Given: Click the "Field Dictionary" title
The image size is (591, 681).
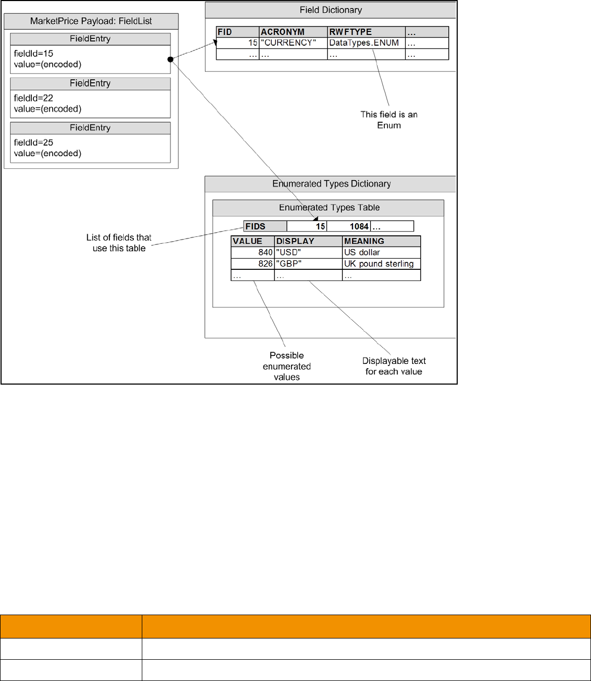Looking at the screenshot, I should (x=330, y=10).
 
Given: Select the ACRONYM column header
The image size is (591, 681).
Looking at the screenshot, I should (x=282, y=32).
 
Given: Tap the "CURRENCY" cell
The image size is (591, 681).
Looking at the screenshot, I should (x=288, y=42).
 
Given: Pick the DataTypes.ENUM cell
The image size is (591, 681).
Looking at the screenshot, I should (x=364, y=42).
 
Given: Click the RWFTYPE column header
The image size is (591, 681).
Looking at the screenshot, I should (x=350, y=32).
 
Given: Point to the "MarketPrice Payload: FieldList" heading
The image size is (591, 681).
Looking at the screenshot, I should (x=90, y=22).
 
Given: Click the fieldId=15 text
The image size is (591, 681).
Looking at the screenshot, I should (x=33, y=53).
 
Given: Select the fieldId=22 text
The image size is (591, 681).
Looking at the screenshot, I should (x=33, y=98).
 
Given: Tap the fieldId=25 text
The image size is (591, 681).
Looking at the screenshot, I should (x=33, y=142).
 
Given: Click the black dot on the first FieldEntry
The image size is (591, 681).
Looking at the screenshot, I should (x=170, y=59).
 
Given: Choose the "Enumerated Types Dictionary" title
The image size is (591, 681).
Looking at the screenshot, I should (x=331, y=184).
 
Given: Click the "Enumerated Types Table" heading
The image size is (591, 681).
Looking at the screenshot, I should (x=329, y=208).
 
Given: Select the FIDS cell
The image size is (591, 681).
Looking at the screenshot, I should (x=255, y=226).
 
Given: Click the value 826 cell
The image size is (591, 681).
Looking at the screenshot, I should (x=265, y=263).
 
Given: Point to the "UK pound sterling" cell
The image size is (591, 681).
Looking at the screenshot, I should (x=379, y=263).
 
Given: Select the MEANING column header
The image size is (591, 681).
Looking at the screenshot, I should (x=364, y=241).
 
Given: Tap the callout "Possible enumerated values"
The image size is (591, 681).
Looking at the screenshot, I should (x=287, y=366).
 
